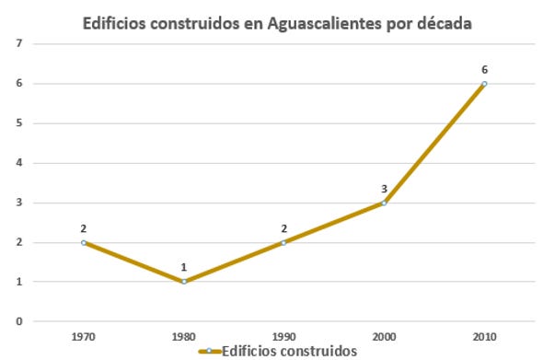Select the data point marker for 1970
(84, 242)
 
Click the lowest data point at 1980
(184, 282)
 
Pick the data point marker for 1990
(283, 242)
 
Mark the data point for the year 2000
(384, 203)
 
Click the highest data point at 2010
(484, 84)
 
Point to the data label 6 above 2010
(484, 69)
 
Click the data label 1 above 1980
(184, 267)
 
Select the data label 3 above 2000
(384, 188)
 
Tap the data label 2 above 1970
(84, 227)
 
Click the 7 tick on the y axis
(8, 43)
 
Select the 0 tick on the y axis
(8, 321)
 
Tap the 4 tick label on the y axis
(8, 163)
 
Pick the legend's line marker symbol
(209, 351)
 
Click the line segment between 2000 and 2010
(433, 144)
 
